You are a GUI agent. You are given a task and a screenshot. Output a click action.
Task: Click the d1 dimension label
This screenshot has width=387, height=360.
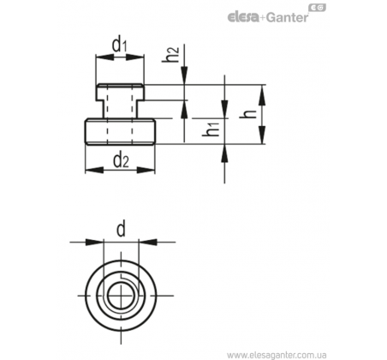(119, 45)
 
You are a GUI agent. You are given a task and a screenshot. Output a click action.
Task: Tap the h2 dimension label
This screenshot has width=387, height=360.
(170, 54)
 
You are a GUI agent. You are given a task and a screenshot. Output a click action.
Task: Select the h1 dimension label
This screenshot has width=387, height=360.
(211, 129)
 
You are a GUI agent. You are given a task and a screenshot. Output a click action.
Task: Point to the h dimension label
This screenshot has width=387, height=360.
(248, 114)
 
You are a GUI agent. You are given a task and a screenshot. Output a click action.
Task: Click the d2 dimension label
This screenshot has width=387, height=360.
(121, 160)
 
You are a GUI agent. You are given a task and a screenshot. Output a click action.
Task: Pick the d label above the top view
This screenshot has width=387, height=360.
(121, 230)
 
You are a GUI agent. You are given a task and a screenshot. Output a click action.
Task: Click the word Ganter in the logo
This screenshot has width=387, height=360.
(287, 18)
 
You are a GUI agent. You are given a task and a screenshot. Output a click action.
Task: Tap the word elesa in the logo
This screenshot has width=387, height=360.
(243, 17)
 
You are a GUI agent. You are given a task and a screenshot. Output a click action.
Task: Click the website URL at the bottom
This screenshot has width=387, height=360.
(277, 355)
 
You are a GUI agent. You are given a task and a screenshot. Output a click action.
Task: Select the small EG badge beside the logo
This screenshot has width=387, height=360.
(317, 8)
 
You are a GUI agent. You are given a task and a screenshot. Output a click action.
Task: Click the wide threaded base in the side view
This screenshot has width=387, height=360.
(120, 132)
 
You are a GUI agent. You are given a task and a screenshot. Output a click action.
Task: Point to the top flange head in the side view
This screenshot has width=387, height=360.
(120, 92)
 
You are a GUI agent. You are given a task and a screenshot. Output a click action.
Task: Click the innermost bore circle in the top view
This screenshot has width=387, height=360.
(122, 296)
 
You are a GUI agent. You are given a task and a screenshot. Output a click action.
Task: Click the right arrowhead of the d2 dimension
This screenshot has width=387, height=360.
(146, 171)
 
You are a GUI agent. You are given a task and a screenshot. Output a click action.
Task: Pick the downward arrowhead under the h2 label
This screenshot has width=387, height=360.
(185, 75)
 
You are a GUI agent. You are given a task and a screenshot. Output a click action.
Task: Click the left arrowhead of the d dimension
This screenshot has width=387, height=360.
(94, 242)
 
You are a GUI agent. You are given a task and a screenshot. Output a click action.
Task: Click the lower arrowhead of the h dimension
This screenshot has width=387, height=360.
(262, 135)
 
